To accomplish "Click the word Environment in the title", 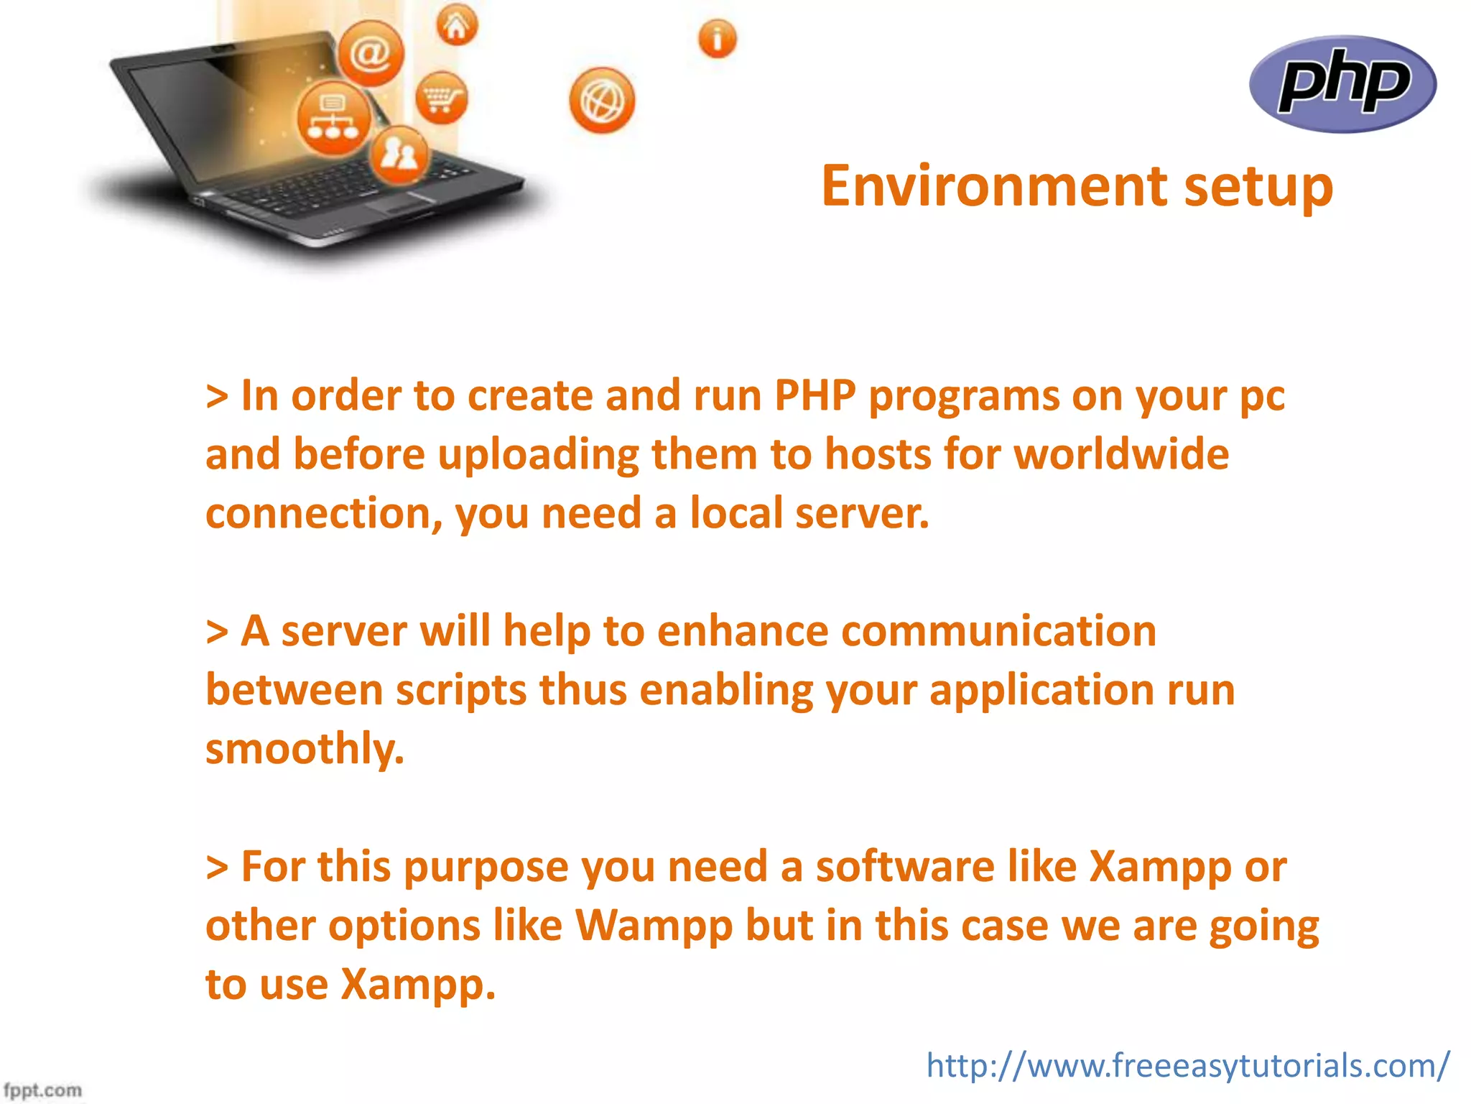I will click(995, 186).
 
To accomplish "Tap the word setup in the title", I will click(1258, 186).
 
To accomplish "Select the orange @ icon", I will click(371, 53).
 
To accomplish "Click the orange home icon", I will click(457, 26).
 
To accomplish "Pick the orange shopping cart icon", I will click(441, 98).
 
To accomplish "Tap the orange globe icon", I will click(602, 101).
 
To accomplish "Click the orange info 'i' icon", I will click(717, 38).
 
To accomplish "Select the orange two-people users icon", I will click(399, 154).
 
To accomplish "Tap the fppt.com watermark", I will click(42, 1090).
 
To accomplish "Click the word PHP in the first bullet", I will click(815, 396).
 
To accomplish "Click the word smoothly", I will click(305, 749).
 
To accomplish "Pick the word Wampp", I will click(654, 926).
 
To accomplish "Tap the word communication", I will click(998, 631).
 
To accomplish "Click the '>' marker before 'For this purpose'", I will click(217, 868).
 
